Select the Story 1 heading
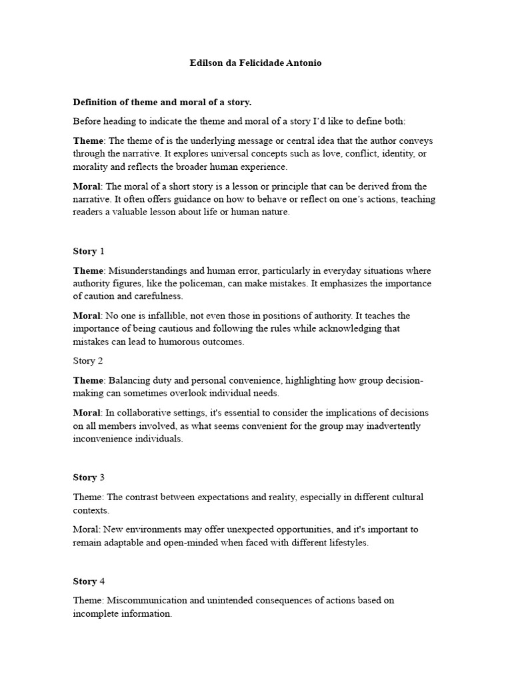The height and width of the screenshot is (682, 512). pyautogui.click(x=89, y=251)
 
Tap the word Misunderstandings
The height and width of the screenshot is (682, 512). pyautogui.click(x=148, y=270)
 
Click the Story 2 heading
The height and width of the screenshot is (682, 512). pyautogui.click(x=88, y=361)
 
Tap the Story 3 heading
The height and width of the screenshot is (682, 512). pyautogui.click(x=89, y=478)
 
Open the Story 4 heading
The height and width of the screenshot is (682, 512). pyautogui.click(x=89, y=581)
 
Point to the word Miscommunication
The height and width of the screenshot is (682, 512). pyautogui.click(x=147, y=601)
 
